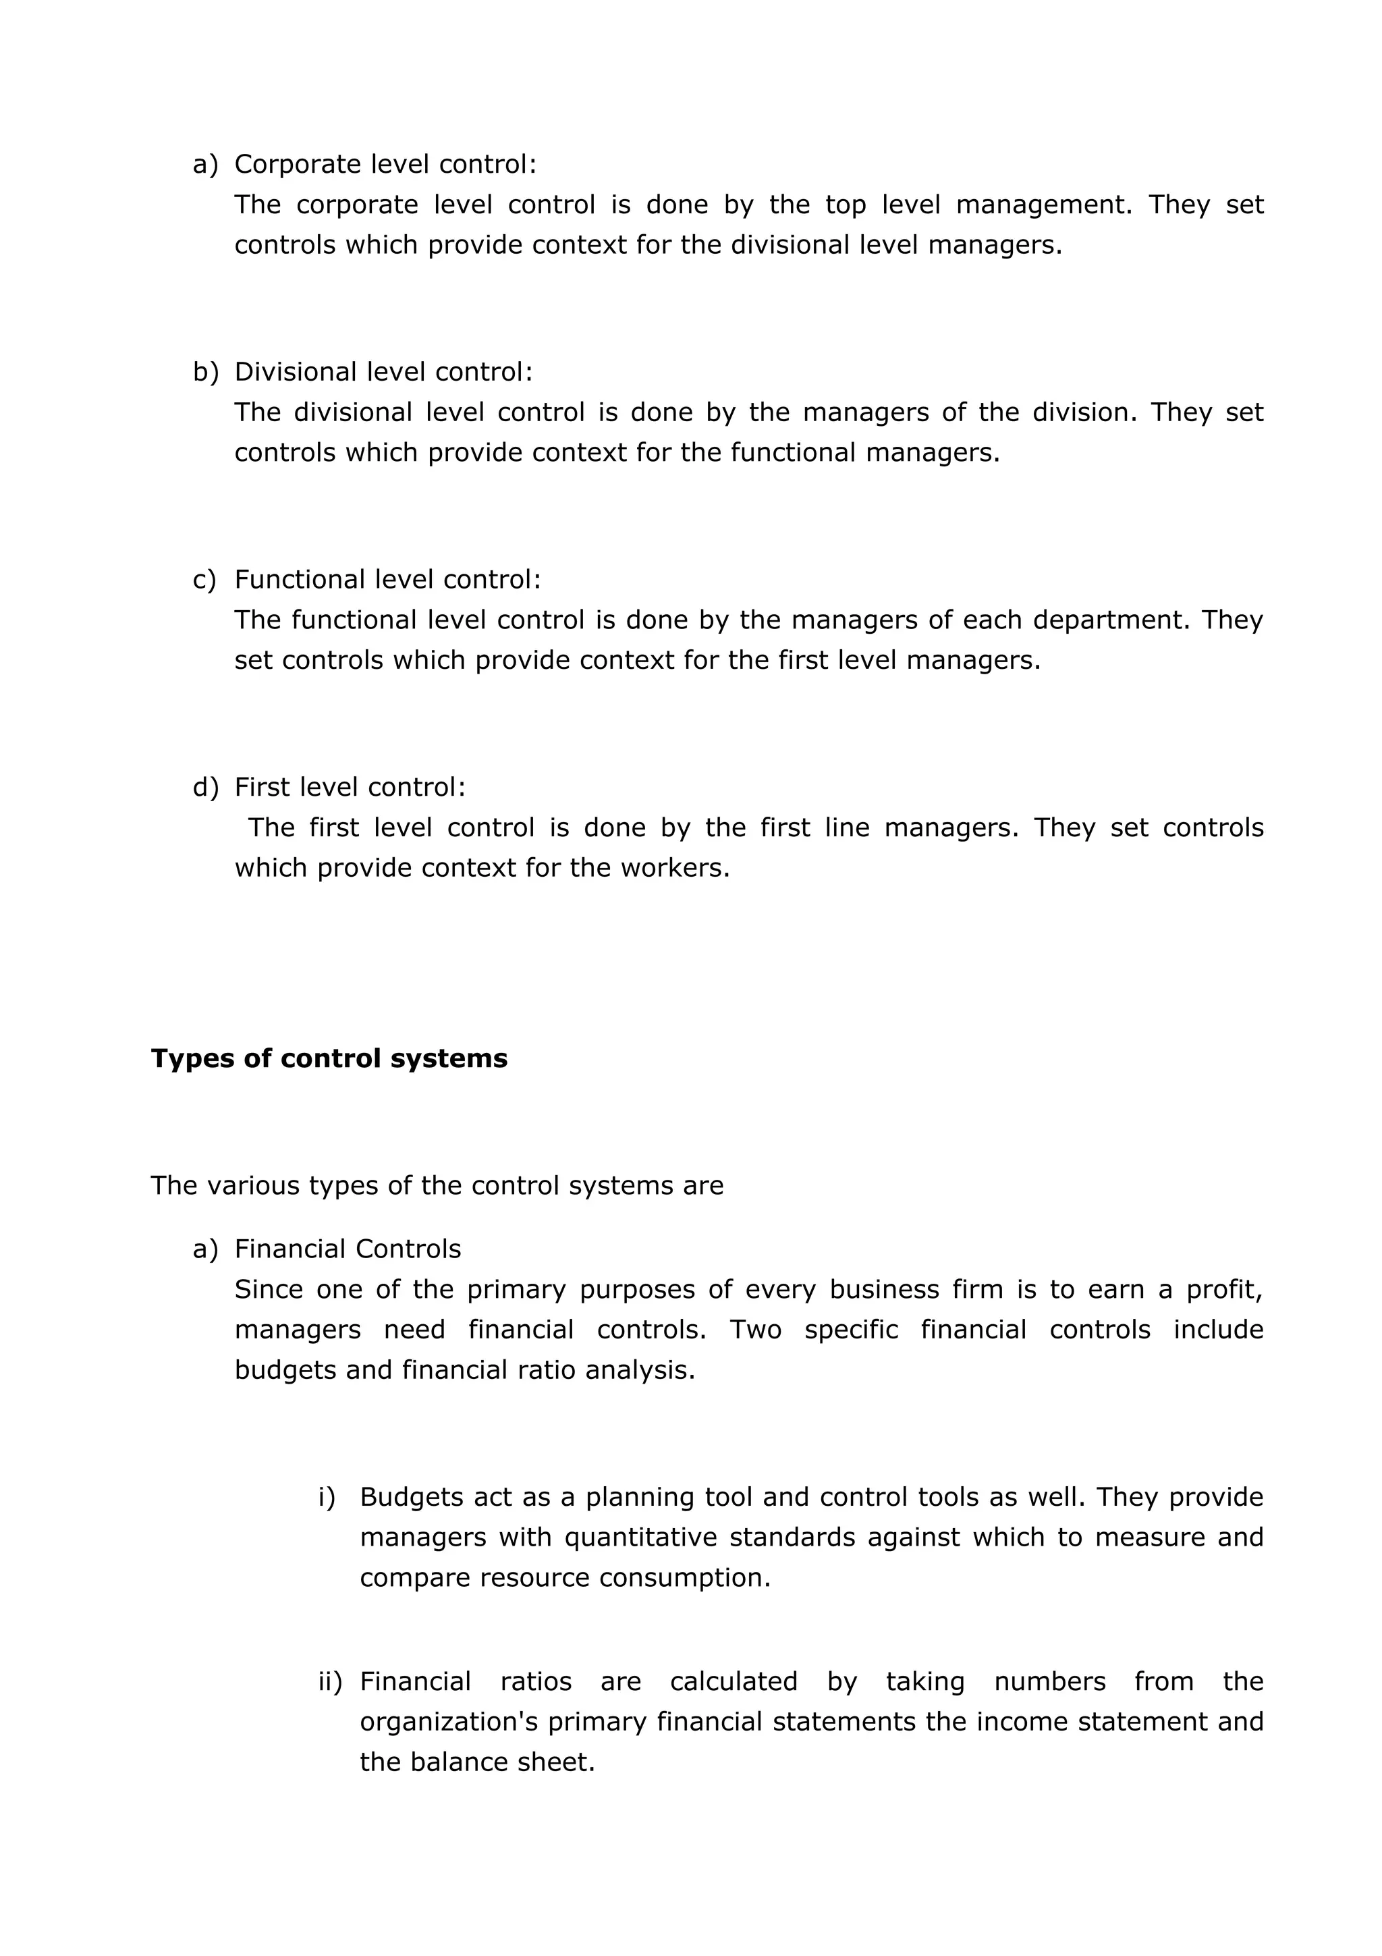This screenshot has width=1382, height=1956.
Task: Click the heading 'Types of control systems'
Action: (329, 1058)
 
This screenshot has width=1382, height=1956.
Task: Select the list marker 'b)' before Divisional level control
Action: (205, 373)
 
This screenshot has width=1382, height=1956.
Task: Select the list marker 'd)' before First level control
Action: (205, 787)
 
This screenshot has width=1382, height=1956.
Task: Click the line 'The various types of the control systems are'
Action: (437, 1186)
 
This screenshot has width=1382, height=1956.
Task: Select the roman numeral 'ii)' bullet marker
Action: (329, 1682)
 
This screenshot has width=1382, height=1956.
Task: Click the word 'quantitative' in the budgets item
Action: (641, 1538)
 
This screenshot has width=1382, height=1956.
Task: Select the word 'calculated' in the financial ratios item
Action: (733, 1682)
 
